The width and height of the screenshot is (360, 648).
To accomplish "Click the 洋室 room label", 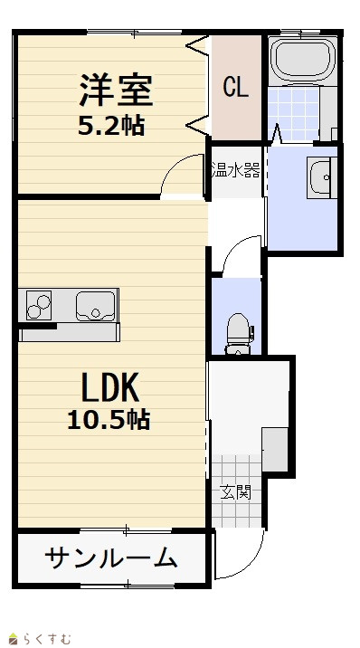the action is point(116,90).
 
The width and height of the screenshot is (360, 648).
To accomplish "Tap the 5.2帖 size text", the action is point(111,126).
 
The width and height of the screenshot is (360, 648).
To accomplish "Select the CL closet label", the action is point(236,87).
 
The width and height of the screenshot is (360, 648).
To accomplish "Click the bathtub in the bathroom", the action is point(302,60).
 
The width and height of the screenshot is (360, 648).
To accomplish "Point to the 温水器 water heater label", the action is point(236,170).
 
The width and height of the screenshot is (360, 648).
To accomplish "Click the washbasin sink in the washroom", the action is point(321,177).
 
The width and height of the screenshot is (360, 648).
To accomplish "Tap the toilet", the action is point(239,334).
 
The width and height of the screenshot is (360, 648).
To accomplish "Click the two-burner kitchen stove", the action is point(39,305).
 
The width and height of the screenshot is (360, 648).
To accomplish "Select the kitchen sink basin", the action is point(95,306).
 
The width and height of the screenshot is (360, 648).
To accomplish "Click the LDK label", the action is point(109,387).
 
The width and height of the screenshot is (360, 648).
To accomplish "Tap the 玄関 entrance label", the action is point(235,492).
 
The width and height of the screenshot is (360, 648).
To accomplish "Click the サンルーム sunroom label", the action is point(111,557).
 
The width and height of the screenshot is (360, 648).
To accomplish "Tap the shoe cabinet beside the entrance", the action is point(275,450).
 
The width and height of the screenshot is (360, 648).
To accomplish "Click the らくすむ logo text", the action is point(46,639).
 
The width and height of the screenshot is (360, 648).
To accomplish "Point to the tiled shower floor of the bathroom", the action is point(294,114).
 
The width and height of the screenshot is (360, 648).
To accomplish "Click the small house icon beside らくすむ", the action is point(14,640).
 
